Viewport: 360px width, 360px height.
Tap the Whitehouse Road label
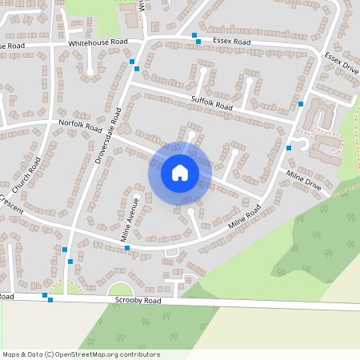coord(98,42)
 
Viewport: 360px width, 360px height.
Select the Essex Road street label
coord(231,41)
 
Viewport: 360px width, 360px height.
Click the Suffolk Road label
coord(212,102)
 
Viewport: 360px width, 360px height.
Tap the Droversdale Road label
coord(107,135)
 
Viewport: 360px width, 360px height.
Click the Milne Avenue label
coord(130,219)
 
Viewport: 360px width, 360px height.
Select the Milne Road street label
coord(243,216)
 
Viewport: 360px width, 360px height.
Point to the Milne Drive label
coord(303,181)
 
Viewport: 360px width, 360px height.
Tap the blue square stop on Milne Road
coord(127,248)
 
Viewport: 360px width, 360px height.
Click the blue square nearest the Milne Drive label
coord(289,148)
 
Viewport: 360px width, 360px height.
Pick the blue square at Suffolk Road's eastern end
coord(301,104)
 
